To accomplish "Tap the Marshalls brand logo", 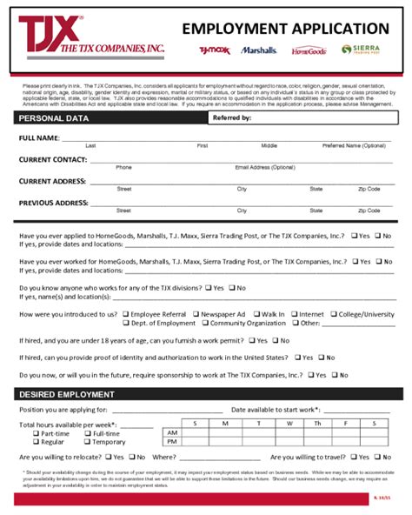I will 259,50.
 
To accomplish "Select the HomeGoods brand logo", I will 309,50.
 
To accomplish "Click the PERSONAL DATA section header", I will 54,117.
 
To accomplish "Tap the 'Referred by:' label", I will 232,117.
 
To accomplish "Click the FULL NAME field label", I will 39,138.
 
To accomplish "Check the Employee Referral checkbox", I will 126,314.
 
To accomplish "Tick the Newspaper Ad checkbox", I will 197,314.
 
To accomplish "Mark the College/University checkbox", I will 333,314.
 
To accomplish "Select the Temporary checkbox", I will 87,442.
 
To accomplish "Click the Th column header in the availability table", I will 316,423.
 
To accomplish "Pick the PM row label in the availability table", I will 172,442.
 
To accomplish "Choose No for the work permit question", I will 275,340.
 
